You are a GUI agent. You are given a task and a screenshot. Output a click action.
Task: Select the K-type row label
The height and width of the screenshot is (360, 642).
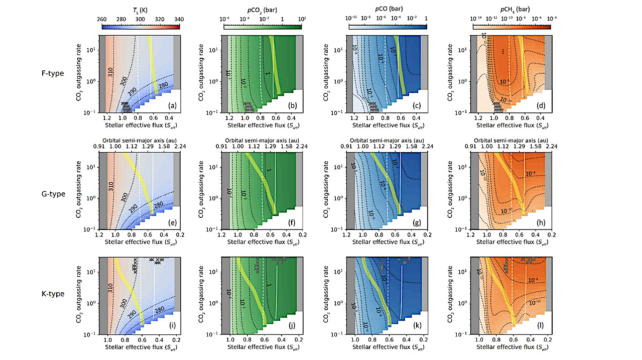[53, 294]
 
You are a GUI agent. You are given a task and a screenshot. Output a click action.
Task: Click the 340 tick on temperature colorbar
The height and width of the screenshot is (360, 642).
[179, 19]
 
